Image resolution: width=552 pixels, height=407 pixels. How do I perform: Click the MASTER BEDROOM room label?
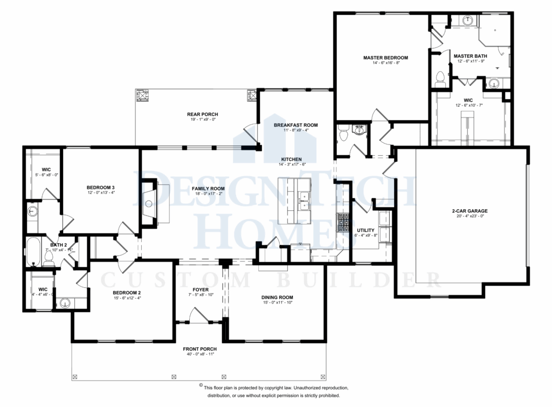click(x=385, y=58)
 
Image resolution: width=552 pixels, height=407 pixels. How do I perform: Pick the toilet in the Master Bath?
click(x=439, y=79)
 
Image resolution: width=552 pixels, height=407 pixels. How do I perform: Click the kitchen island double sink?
click(x=303, y=201)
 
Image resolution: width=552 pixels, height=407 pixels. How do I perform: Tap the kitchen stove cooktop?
click(x=342, y=222)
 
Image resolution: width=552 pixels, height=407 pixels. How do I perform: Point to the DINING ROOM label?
click(x=277, y=297)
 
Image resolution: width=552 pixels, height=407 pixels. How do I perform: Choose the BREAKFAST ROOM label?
click(x=295, y=125)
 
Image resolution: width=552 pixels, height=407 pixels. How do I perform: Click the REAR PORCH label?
click(x=202, y=114)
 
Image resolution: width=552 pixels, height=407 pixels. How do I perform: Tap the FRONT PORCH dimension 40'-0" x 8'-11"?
click(x=199, y=356)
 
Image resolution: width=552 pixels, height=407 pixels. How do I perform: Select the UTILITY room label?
click(x=365, y=230)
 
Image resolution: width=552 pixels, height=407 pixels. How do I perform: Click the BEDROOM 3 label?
click(x=101, y=188)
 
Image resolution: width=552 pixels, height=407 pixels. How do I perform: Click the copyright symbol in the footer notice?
click(x=200, y=387)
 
